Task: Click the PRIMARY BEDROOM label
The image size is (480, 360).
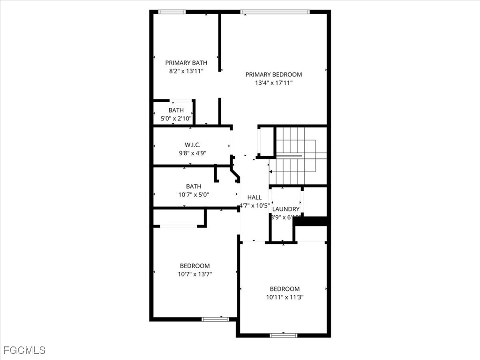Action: tap(274, 75)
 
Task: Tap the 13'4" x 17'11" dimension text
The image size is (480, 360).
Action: tap(274, 83)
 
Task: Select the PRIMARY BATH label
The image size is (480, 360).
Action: tap(186, 63)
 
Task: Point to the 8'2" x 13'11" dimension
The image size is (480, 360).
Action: tap(186, 71)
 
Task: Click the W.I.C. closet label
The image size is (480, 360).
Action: tap(193, 145)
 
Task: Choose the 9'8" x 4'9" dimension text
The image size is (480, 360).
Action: tap(193, 153)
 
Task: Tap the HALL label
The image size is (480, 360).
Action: tap(255, 197)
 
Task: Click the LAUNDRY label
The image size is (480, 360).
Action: tap(286, 209)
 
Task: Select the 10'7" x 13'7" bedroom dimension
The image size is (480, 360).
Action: tap(195, 274)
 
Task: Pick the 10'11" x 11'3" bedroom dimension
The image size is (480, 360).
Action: tap(285, 297)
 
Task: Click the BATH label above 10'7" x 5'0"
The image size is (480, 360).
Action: tap(194, 187)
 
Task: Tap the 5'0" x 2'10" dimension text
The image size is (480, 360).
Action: tap(176, 119)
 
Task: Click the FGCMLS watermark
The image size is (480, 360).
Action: tap(24, 350)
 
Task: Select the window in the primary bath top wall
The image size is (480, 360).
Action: tap(172, 12)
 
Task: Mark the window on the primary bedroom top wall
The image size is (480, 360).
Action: tap(275, 12)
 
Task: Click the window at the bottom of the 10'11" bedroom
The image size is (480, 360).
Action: tap(284, 335)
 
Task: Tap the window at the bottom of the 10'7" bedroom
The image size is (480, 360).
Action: tap(215, 319)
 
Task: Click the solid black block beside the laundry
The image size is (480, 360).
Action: tap(312, 221)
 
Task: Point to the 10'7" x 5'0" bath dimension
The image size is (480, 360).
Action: tap(194, 195)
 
